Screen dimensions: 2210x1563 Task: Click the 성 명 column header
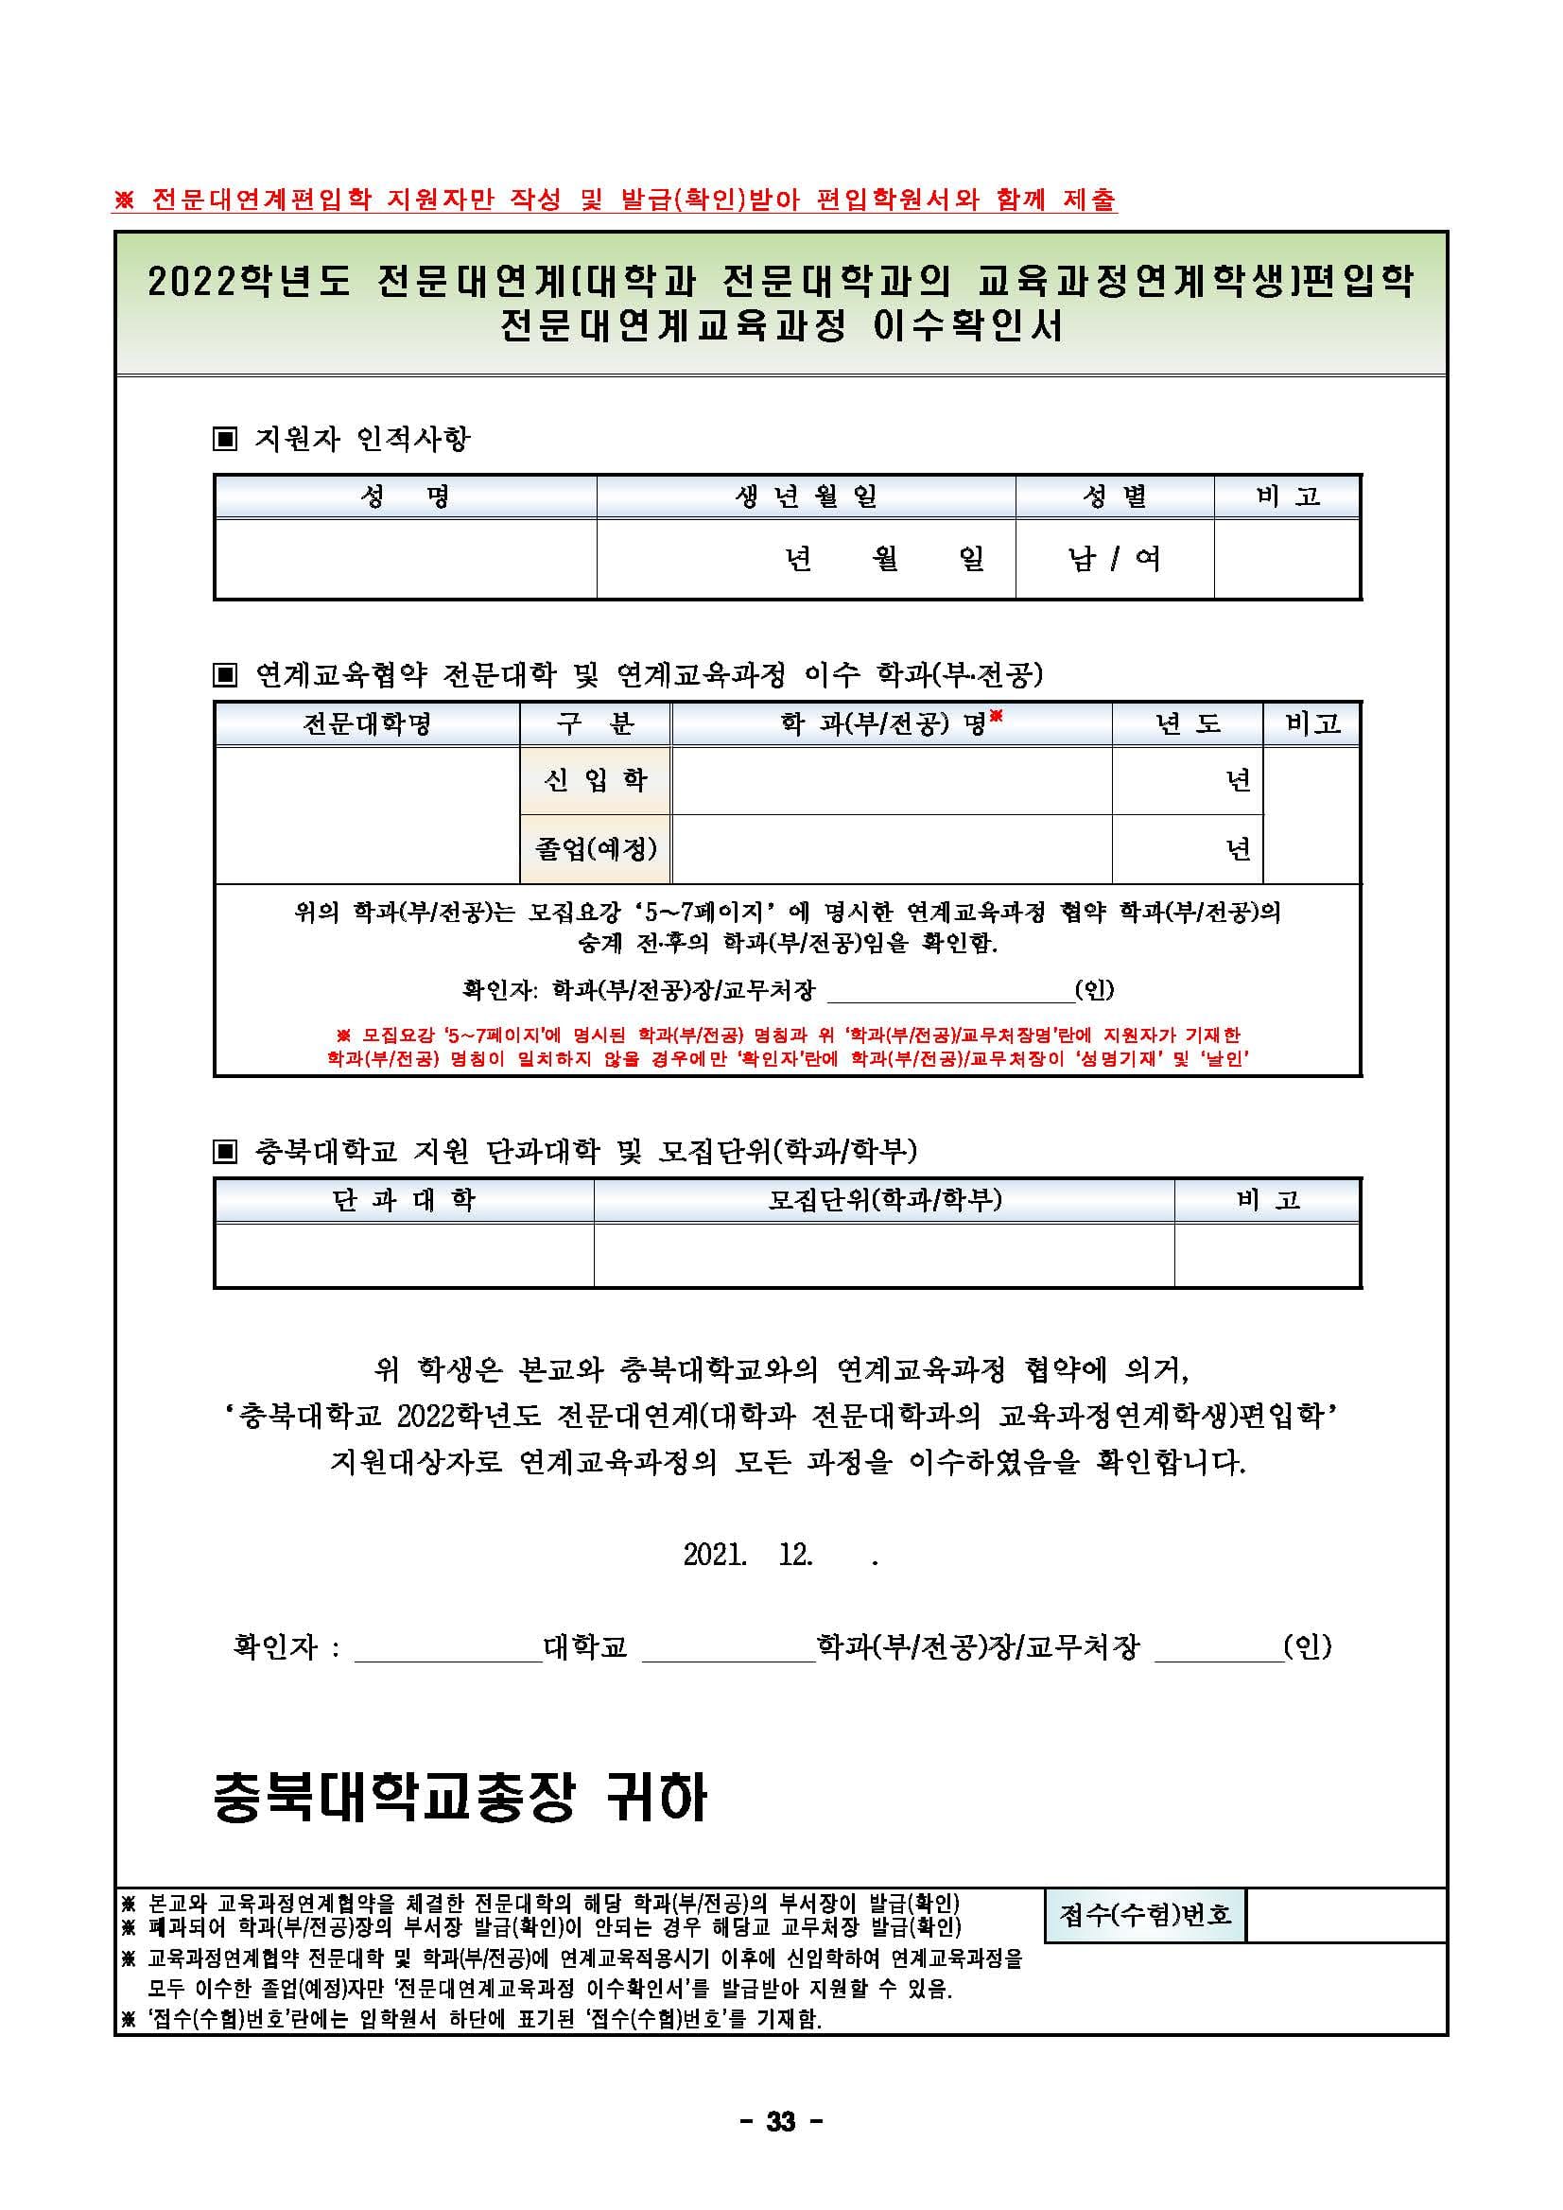pyautogui.click(x=405, y=496)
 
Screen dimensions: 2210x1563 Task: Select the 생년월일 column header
pyautogui.click(x=806, y=496)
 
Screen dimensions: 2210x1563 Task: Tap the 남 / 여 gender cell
pyautogui.click(x=1114, y=558)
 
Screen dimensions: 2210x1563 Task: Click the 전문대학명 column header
pyautogui.click(x=367, y=723)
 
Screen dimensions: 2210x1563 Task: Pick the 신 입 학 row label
pyautogui.click(x=596, y=779)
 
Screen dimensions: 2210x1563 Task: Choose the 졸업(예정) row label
pyautogui.click(x=596, y=848)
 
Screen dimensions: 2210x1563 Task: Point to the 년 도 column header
pyautogui.click(x=1188, y=723)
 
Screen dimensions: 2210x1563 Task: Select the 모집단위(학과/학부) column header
pyautogui.click(x=884, y=1199)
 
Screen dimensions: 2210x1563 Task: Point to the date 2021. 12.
pyautogui.click(x=748, y=1555)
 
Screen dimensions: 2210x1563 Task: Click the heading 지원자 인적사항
pyautogui.click(x=362, y=439)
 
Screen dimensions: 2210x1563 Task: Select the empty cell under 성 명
pyautogui.click(x=405, y=558)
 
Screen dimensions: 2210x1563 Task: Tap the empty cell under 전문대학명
pyautogui.click(x=367, y=814)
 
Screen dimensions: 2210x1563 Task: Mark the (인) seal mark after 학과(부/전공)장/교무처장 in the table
pyautogui.click(x=1094, y=988)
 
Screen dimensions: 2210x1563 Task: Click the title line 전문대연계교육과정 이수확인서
pyautogui.click(x=780, y=326)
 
